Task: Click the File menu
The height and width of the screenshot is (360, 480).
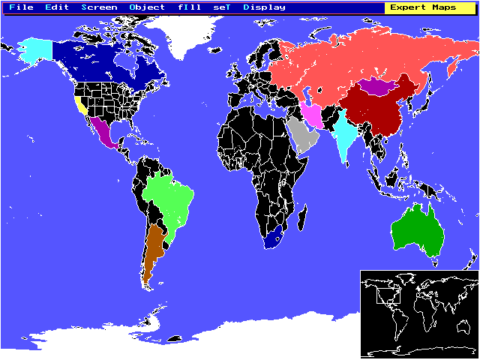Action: pyautogui.click(x=22, y=7)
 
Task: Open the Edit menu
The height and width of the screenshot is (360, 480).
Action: pyautogui.click(x=57, y=7)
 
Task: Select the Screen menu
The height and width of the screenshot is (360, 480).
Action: pyautogui.click(x=99, y=7)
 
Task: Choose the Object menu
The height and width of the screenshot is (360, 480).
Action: pyautogui.click(x=147, y=7)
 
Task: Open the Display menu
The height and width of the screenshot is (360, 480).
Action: pyautogui.click(x=264, y=7)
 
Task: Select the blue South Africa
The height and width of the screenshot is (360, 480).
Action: pyautogui.click(x=274, y=237)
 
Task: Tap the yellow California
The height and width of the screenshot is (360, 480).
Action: pyautogui.click(x=79, y=104)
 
